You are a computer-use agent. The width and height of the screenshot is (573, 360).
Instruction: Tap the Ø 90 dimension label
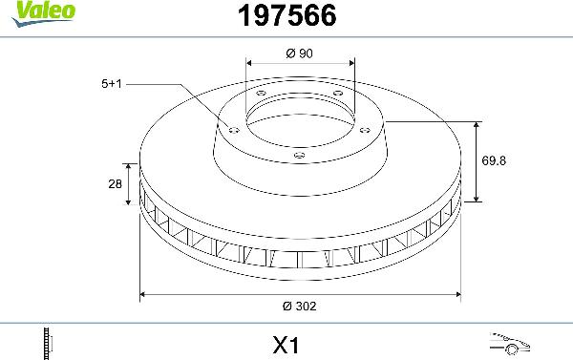click(300, 53)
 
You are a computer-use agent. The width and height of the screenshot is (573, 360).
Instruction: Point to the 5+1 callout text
click(111, 84)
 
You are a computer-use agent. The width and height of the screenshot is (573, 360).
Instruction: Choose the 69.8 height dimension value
click(494, 160)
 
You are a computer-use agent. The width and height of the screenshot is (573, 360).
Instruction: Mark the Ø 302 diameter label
click(300, 307)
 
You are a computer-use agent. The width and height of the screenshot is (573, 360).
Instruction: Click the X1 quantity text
click(286, 341)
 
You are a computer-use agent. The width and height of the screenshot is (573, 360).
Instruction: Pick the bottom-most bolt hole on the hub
click(298, 156)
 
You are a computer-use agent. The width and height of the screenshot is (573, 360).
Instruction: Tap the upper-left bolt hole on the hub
click(261, 93)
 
